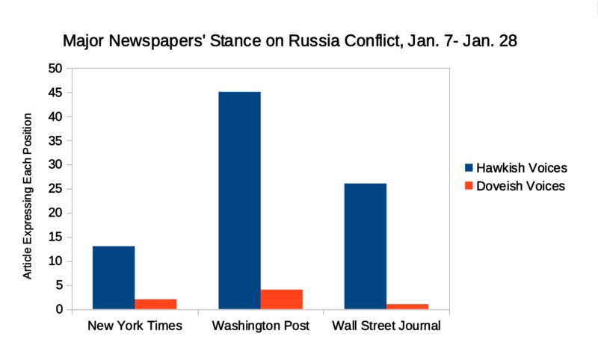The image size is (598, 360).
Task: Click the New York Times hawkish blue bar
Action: pyautogui.click(x=114, y=278)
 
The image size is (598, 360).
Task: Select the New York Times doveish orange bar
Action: pyautogui.click(x=155, y=304)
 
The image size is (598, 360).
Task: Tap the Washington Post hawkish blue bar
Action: pyautogui.click(x=239, y=200)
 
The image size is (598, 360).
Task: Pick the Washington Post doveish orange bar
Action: pyautogui.click(x=281, y=299)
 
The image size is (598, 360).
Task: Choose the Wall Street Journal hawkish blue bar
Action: pyautogui.click(x=365, y=246)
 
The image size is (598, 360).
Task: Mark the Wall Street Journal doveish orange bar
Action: pyautogui.click(x=407, y=306)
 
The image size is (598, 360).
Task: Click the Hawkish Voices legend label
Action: pyautogui.click(x=522, y=167)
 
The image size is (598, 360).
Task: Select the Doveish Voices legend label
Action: pyautogui.click(x=522, y=185)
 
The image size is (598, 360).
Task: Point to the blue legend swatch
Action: pyautogui.click(x=469, y=167)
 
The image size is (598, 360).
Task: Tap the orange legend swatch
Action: pyautogui.click(x=469, y=185)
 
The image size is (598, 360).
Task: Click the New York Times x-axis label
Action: pyautogui.click(x=135, y=326)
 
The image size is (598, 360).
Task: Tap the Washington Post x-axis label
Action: pyautogui.click(x=260, y=326)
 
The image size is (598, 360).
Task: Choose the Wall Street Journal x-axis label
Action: pyautogui.click(x=386, y=326)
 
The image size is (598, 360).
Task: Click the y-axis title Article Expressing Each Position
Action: pyautogui.click(x=28, y=196)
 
